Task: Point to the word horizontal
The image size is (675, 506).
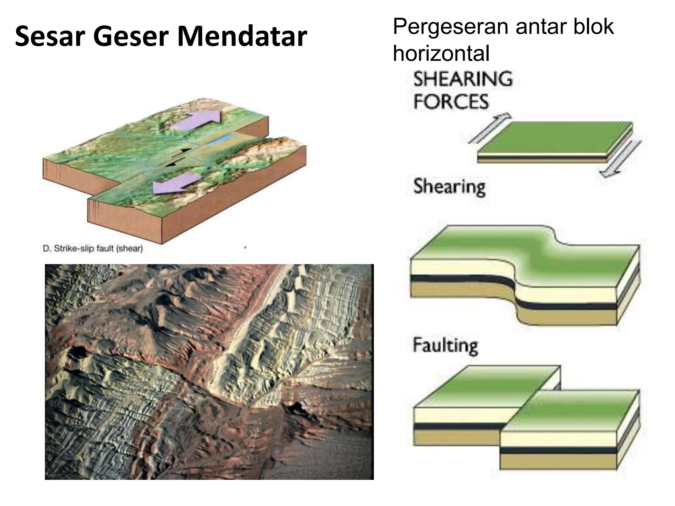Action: coord(441,53)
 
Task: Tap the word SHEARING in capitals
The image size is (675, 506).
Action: coord(463,79)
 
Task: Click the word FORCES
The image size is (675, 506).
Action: coord(451,101)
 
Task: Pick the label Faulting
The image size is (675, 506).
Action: coord(445,346)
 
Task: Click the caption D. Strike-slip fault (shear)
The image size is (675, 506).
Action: coord(93,248)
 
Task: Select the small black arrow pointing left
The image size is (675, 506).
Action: coord(171,164)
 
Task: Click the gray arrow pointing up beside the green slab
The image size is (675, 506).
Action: coord(489,128)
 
